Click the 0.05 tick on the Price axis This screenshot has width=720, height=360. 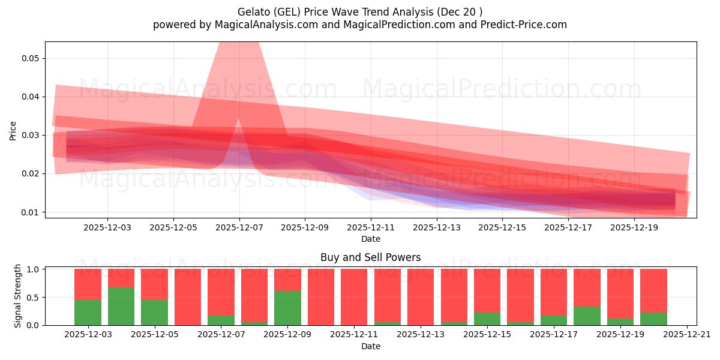point(30,58)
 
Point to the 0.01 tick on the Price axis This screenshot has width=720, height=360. point(30,212)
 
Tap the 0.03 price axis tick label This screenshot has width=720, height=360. point(30,135)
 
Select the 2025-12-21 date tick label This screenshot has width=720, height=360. point(686,335)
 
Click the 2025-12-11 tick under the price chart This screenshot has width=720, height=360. point(371,227)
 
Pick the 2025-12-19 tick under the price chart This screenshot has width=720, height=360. point(634,227)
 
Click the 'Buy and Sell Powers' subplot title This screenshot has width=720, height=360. point(370,257)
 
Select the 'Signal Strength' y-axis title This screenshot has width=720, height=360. point(18,296)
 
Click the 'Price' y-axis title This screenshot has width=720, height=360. point(13,131)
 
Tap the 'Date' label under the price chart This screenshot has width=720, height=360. point(370,239)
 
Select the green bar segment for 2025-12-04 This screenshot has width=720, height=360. point(121,306)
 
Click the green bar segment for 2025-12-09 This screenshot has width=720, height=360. point(287,308)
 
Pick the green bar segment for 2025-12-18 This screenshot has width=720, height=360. point(587,316)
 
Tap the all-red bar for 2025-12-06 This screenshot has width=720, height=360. point(188,297)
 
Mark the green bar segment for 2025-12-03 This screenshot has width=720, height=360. point(88,312)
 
